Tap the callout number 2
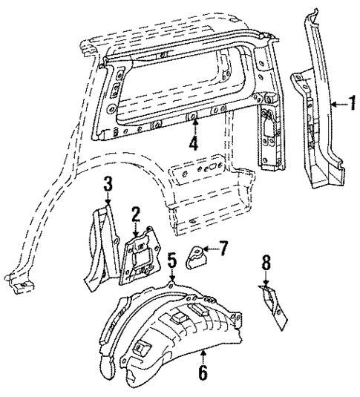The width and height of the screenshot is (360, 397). coord(135,214)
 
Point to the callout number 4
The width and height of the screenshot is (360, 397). coord(193,142)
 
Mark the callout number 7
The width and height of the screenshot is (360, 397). coord(223,246)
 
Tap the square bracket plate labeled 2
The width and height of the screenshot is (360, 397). coord(139,256)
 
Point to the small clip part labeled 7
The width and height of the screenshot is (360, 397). coord(196,256)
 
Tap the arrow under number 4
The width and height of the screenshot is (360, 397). coord(193,125)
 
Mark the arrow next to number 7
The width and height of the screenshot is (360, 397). coord(212,247)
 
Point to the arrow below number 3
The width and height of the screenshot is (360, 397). coord(108,199)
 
